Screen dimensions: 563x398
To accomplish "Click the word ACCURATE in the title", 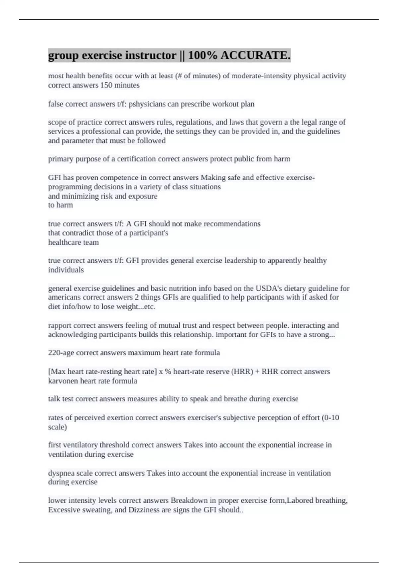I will (x=255, y=55).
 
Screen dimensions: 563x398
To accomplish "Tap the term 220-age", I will (x=61, y=353).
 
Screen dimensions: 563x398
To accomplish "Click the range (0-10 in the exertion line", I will (x=330, y=418).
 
